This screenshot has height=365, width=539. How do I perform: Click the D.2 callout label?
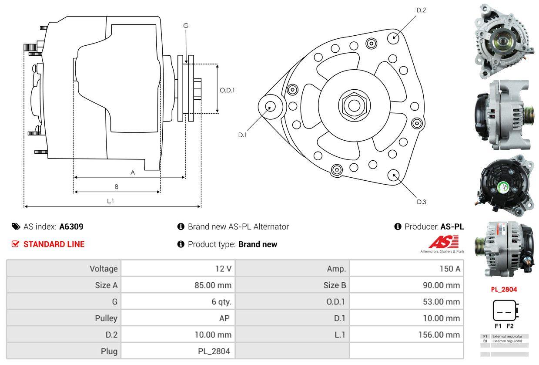point(421,10)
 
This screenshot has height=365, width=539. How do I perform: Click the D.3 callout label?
point(421,202)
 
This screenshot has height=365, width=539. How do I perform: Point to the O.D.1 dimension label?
point(227,90)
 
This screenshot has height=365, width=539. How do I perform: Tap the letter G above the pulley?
point(186,26)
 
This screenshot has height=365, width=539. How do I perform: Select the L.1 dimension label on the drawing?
point(110,201)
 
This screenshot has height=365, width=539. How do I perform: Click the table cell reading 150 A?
point(406,268)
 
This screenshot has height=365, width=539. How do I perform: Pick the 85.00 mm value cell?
point(178,285)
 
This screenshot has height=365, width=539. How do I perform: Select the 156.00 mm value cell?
point(406,335)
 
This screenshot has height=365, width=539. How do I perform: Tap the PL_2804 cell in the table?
point(178,351)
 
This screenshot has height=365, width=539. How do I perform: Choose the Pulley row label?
point(64,318)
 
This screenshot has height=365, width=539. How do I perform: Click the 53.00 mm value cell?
point(406,301)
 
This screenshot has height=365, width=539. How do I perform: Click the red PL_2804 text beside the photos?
point(505,289)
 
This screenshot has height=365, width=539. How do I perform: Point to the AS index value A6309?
point(71,226)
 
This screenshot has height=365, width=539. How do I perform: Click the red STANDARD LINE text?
point(54,244)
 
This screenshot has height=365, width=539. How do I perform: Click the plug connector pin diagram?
point(504,311)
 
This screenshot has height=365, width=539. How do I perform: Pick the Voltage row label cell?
point(64,268)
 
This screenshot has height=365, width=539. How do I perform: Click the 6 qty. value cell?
point(178,301)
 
